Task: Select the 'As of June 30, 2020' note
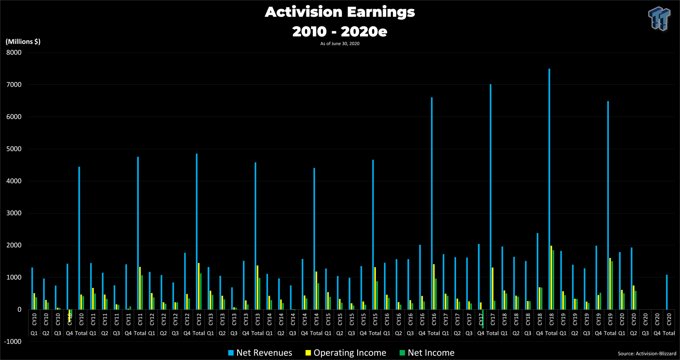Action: (340, 43)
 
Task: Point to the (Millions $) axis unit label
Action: (23, 41)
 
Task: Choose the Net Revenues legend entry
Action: (260, 353)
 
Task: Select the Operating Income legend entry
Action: (345, 353)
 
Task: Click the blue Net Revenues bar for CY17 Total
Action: (491, 197)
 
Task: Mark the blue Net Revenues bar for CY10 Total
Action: (79, 238)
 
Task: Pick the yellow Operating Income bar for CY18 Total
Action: (551, 277)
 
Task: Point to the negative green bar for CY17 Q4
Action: (483, 319)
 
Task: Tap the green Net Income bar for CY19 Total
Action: (612, 285)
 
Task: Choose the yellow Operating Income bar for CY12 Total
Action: (199, 286)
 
